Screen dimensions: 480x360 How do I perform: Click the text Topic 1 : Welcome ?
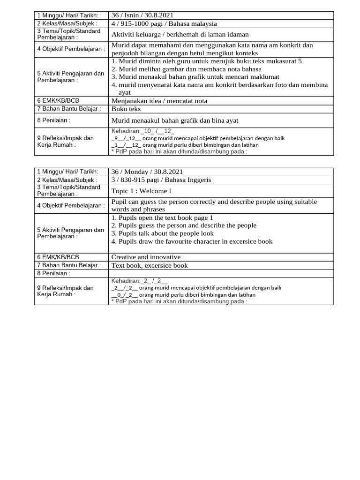point(141,191)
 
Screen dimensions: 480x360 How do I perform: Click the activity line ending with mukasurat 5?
point(207,61)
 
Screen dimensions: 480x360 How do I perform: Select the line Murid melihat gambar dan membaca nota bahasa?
point(187,69)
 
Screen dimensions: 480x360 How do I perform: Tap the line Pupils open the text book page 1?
point(162,217)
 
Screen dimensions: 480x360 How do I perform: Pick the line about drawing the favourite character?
point(192,241)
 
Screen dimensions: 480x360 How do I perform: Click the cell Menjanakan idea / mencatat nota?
point(159,101)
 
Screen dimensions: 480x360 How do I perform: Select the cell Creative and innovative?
point(146,257)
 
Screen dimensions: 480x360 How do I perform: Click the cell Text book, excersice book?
point(149,265)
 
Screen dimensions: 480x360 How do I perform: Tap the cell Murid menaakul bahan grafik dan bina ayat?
point(175,120)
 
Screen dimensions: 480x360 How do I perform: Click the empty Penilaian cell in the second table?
point(221,273)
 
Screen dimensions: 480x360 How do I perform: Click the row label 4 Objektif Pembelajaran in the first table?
point(71,49)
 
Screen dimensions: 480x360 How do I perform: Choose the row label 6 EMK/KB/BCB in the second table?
point(56,257)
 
